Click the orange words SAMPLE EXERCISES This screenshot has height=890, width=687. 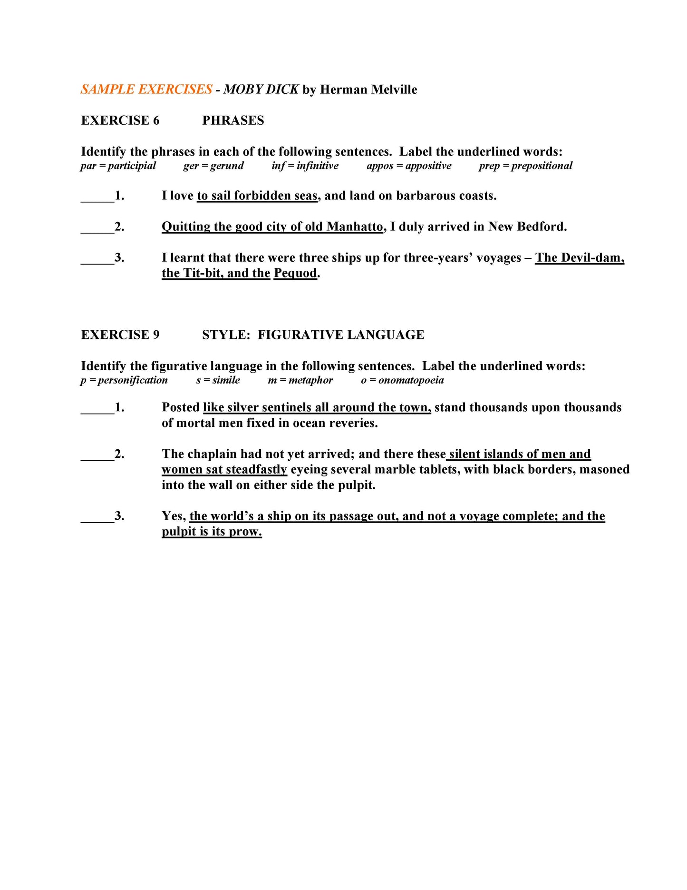click(x=146, y=89)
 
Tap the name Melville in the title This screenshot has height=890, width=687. click(x=394, y=89)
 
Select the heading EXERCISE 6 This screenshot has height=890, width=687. click(x=120, y=120)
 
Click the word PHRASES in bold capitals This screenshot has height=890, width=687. click(x=233, y=120)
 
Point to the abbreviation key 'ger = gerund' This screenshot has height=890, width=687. click(x=213, y=166)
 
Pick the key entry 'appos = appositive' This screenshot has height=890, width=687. click(x=409, y=166)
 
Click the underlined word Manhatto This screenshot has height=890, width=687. click(x=355, y=227)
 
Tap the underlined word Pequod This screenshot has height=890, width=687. click(x=295, y=273)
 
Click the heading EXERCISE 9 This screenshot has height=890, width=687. click(x=120, y=335)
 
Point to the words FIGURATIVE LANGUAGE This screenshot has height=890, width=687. click(x=341, y=335)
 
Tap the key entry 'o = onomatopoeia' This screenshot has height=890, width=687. click(x=402, y=380)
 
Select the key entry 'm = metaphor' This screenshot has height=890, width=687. click(x=300, y=380)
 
